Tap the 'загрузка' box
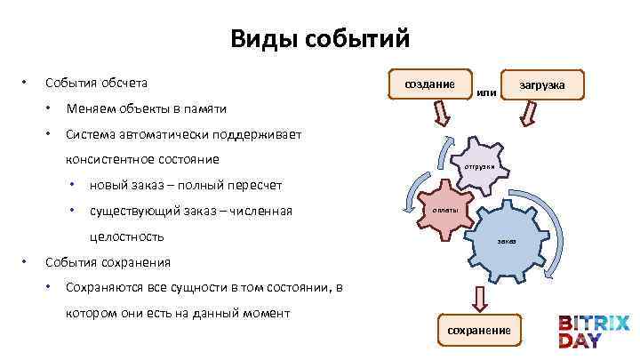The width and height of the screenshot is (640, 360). pos(541,84)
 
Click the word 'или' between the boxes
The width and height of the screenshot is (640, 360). pos(486,92)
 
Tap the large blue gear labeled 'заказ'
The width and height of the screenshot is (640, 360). pos(506,241)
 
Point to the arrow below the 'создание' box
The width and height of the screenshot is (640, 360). pos(441,114)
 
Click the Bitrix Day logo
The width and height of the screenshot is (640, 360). pos(594,331)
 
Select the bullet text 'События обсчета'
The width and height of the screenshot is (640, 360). pos(96,84)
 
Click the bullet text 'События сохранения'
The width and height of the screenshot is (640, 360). pos(108,262)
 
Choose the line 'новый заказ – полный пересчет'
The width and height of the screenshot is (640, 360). pos(186,185)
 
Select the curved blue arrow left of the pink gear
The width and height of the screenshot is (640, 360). pos(407,191)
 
